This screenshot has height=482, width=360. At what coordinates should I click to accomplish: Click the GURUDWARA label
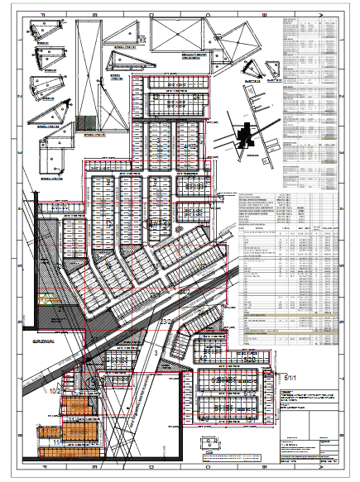point(43,339)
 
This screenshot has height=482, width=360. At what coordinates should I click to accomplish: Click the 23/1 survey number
point(155,287)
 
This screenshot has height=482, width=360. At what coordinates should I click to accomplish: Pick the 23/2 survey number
point(168,322)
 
